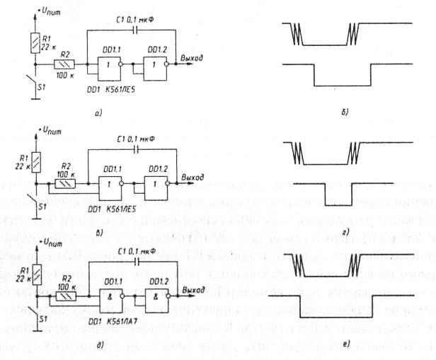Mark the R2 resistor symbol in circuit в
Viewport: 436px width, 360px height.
[x=67, y=182]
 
